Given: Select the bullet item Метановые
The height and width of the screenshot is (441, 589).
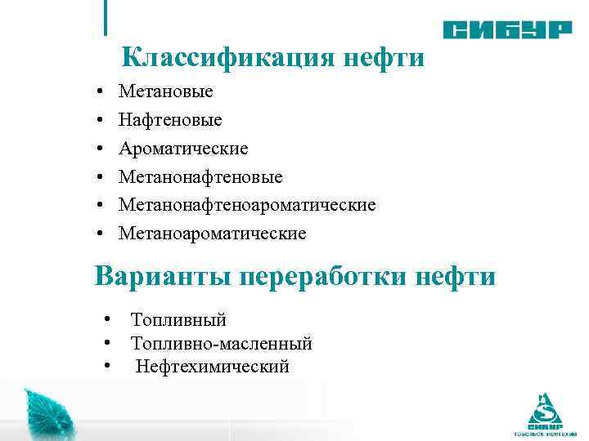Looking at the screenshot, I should (x=165, y=91).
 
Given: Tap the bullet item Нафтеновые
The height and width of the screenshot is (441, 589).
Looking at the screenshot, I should (x=170, y=120).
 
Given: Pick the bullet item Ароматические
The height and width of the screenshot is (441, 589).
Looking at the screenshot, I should (x=183, y=149).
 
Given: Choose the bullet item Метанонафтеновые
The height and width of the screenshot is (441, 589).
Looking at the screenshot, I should (x=200, y=177).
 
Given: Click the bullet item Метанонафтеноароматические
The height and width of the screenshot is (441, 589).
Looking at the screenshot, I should (x=247, y=205).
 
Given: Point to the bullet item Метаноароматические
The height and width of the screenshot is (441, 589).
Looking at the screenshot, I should (x=212, y=234).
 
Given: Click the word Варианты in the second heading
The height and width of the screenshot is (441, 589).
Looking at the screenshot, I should (x=164, y=276).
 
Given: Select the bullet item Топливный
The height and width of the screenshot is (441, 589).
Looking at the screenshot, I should (x=178, y=320).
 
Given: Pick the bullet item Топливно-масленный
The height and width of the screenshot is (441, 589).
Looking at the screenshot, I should (x=221, y=344).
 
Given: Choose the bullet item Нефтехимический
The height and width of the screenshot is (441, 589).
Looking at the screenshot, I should (x=213, y=367).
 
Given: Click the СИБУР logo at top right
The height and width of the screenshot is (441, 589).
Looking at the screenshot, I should (x=507, y=30).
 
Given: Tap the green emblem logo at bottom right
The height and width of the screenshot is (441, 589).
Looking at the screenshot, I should (x=545, y=412).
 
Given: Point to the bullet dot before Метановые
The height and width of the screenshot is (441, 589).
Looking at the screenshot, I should (x=98, y=92).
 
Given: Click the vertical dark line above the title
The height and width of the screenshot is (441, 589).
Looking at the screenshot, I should (x=106, y=18).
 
